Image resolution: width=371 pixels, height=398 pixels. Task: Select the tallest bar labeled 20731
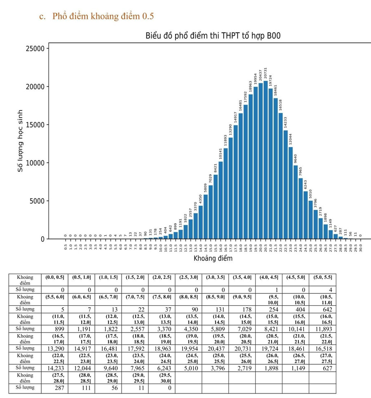click(266, 161)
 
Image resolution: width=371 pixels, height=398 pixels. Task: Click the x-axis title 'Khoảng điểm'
click(213, 258)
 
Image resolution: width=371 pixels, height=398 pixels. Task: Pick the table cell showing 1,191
click(82, 328)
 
